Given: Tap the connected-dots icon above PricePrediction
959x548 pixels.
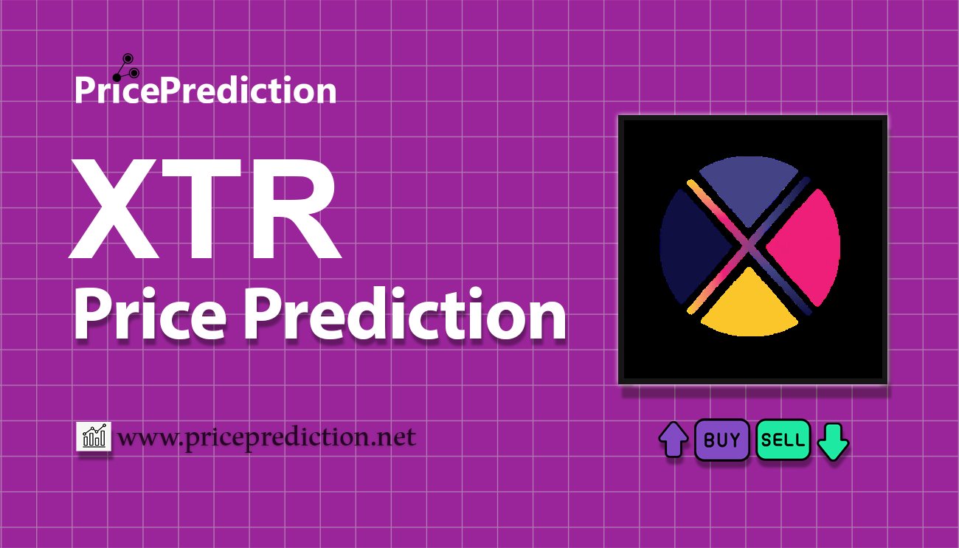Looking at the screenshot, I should click(x=126, y=66).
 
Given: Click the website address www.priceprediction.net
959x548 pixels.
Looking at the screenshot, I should click(x=267, y=437).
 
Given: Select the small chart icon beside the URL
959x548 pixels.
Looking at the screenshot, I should click(x=94, y=437).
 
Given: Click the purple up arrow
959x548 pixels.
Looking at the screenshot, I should click(x=673, y=440).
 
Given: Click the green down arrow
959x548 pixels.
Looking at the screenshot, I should click(x=833, y=441).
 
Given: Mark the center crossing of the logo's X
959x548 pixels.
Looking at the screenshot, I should click(x=749, y=246).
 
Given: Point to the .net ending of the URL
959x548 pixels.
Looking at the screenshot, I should click(x=395, y=438).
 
